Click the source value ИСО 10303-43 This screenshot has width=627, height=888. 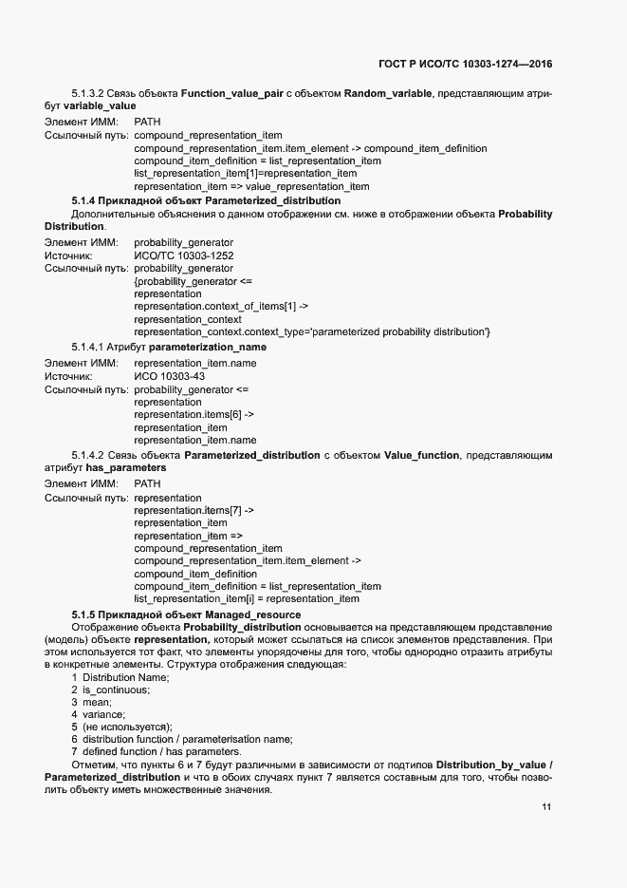coord(170,376)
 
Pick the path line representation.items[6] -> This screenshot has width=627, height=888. coord(194,414)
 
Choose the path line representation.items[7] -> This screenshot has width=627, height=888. coord(194,510)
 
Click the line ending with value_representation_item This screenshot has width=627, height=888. coord(251,186)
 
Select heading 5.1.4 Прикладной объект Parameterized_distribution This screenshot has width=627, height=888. coord(206,201)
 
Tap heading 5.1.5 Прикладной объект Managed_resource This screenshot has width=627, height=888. coord(186,614)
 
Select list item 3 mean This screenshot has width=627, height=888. coord(97,702)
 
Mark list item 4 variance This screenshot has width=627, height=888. coord(102,714)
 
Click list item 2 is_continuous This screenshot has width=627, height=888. coord(110,690)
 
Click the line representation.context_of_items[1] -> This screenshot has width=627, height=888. coord(221,307)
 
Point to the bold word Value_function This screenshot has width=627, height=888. coord(422,456)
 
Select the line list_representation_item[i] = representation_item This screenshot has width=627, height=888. coord(247,599)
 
